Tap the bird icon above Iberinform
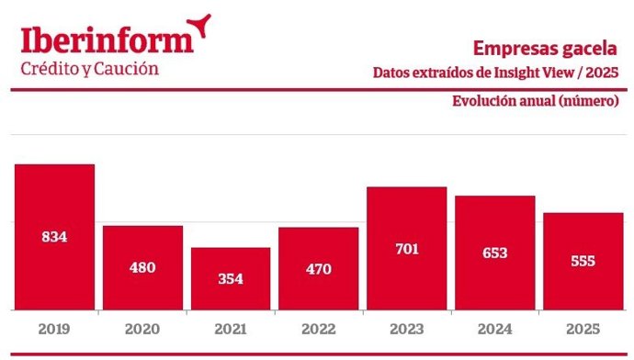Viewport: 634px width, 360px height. click(198, 25)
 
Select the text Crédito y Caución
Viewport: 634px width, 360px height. click(89, 70)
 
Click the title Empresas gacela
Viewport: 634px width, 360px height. click(545, 48)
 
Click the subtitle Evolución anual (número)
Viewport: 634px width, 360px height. click(535, 101)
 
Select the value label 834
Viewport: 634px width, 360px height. click(54, 237)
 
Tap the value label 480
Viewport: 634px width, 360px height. click(142, 268)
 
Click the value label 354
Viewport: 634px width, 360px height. click(231, 279)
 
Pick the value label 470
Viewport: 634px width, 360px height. click(318, 269)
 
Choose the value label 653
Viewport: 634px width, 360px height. click(494, 253)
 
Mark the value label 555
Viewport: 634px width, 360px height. click(582, 261)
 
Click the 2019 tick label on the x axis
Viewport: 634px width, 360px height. click(54, 328)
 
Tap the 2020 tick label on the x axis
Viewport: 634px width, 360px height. click(142, 328)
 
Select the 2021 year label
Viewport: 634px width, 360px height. click(231, 328)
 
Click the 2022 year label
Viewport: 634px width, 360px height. click(318, 328)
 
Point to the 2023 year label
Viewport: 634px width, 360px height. click(406, 328)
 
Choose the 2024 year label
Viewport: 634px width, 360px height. click(494, 328)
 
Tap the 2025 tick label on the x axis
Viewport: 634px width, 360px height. click(582, 328)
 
